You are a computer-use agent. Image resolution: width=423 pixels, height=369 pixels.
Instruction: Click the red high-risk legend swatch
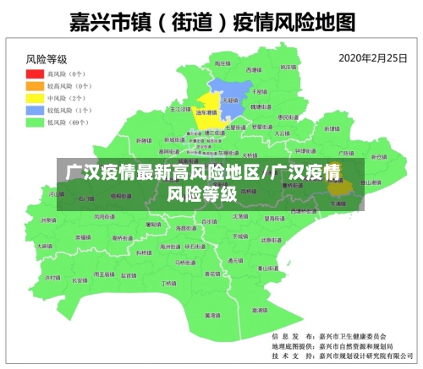[33, 74]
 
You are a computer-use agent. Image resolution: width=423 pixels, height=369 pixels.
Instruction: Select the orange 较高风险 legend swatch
[33, 86]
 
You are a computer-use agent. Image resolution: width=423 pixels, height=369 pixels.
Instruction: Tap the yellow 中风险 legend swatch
[33, 98]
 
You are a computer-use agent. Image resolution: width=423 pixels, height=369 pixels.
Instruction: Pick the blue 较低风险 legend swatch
[33, 110]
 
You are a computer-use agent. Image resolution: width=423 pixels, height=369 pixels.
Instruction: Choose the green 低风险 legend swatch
[33, 122]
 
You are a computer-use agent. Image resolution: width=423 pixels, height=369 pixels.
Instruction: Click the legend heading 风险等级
[47, 60]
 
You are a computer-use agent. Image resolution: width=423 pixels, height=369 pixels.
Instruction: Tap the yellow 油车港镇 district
[207, 113]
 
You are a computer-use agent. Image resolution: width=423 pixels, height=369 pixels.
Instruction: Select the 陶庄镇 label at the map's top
[222, 63]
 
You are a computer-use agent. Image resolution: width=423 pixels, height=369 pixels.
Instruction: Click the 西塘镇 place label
[253, 70]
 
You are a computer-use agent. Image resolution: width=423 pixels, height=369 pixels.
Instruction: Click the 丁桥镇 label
[168, 283]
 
